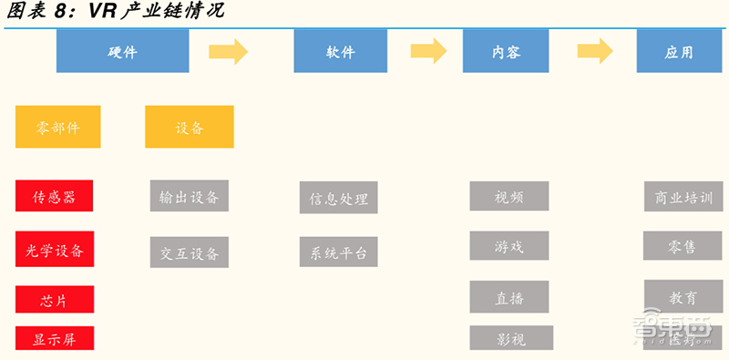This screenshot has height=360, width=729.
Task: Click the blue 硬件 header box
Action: [x=123, y=51]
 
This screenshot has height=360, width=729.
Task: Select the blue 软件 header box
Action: [x=334, y=51]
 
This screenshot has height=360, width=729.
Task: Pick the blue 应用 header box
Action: [x=678, y=51]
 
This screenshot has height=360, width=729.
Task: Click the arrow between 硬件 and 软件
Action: [x=229, y=52]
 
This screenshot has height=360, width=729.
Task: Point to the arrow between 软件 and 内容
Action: [x=428, y=52]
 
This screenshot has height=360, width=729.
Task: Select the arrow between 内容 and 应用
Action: [x=595, y=52]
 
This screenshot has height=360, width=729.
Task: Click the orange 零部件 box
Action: [x=58, y=127]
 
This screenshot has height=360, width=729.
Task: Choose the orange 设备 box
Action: [x=189, y=127]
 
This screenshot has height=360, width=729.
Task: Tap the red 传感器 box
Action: [x=54, y=196]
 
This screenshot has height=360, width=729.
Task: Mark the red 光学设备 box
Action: [x=54, y=249]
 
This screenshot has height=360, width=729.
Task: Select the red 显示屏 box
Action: [x=54, y=339]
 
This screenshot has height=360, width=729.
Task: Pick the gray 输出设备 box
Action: [x=189, y=196]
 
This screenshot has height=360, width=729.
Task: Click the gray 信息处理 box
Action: [x=338, y=198]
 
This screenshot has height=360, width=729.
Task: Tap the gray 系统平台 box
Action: [x=338, y=252]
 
